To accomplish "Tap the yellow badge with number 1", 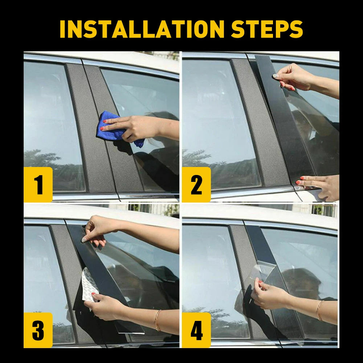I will pyautogui.click(x=38, y=184).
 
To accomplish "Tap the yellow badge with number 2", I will pyautogui.click(x=196, y=184).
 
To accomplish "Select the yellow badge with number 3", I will pyautogui.click(x=38, y=330).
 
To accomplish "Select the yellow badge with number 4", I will pyautogui.click(x=196, y=330).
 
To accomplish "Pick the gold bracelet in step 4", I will pyautogui.click(x=319, y=310).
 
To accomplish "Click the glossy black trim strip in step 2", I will pyautogui.click(x=281, y=120).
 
